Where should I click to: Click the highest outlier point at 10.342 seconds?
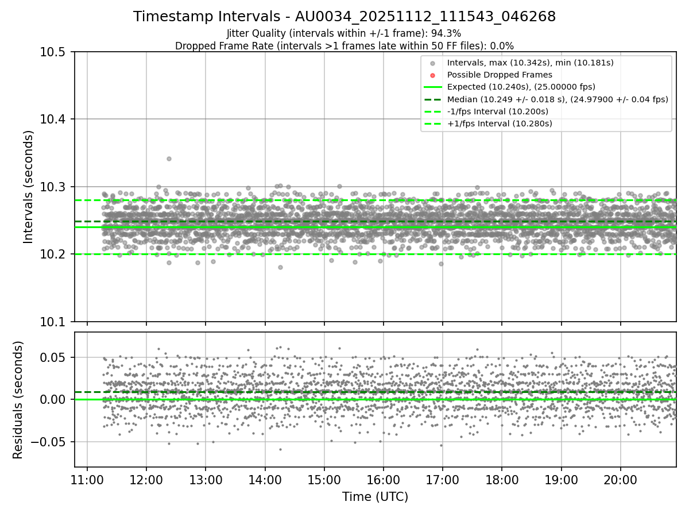point(169,159)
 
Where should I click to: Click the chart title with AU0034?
point(344,17)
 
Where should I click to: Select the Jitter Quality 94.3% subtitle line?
point(344,33)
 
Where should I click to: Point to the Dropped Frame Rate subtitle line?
point(344,46)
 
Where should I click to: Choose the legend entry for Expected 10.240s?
point(521,87)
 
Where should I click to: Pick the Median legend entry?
point(557,99)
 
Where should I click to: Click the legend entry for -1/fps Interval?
point(497,111)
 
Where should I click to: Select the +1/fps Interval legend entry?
point(498,123)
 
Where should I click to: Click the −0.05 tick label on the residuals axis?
point(48,442)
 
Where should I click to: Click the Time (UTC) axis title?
point(375,497)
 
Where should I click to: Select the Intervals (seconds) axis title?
point(29,187)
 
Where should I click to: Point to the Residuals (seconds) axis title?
point(18,400)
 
